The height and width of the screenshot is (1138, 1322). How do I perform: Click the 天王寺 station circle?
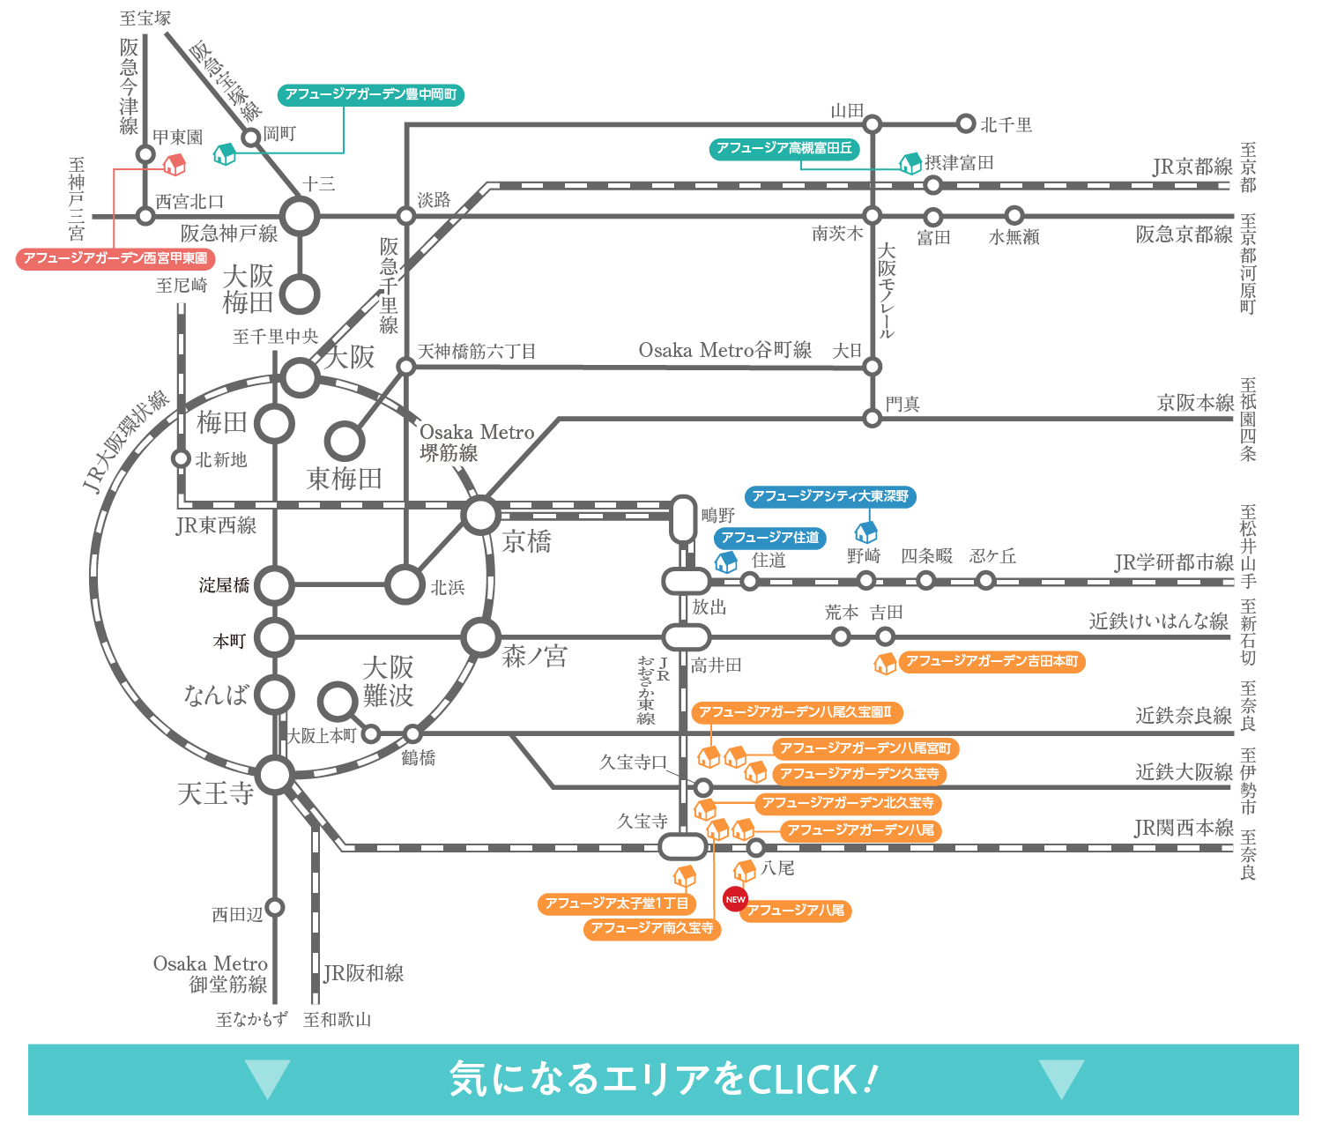click(x=275, y=776)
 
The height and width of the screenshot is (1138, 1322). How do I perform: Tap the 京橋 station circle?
click(x=481, y=516)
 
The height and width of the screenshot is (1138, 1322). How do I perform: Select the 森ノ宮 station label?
click(x=534, y=656)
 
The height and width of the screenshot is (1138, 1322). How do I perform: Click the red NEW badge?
click(x=735, y=899)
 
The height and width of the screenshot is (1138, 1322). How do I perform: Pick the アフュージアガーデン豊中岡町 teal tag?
click(x=371, y=94)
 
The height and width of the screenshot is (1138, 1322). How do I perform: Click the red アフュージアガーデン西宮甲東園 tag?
click(x=115, y=258)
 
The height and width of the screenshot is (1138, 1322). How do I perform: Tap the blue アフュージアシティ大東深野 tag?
click(x=830, y=496)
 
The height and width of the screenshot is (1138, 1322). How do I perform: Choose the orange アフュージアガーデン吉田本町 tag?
click(x=991, y=661)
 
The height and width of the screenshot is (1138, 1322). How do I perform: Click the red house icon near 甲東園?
click(x=175, y=164)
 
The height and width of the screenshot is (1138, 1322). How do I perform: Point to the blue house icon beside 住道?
click(x=725, y=562)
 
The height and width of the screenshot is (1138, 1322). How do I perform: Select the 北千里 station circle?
click(x=966, y=124)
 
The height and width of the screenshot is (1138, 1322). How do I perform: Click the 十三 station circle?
click(x=300, y=216)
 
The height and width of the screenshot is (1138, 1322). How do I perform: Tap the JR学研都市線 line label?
click(x=1173, y=562)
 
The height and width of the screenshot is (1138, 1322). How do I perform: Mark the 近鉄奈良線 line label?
click(x=1183, y=715)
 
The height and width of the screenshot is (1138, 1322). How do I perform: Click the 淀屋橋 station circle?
click(x=275, y=585)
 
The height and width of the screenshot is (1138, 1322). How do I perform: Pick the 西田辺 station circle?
click(x=275, y=907)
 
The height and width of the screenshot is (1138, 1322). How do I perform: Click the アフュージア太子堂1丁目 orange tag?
click(x=617, y=904)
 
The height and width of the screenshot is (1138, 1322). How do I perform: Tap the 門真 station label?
click(x=902, y=404)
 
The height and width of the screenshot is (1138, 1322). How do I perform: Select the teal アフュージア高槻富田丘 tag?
click(x=784, y=148)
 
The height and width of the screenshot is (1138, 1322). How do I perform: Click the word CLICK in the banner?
click(x=802, y=1080)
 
